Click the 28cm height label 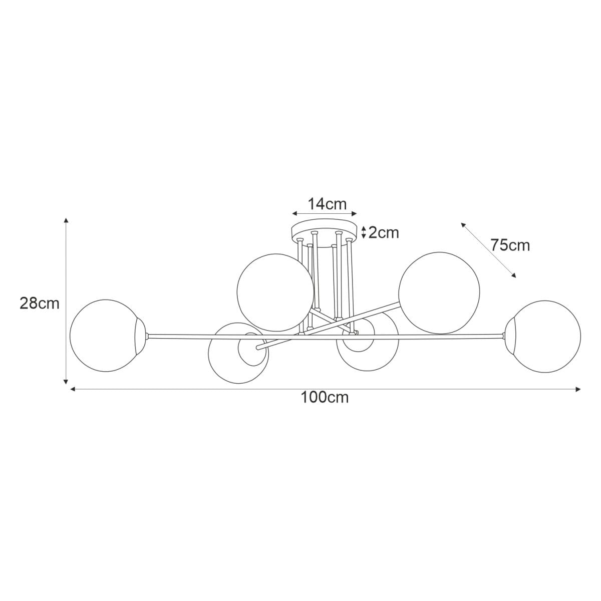39,304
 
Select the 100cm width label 325,398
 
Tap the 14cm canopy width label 327,204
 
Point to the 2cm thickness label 384,232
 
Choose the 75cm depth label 510,245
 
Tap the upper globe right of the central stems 439,292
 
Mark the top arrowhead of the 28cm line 66,220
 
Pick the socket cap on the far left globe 142,335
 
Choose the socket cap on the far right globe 510,336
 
